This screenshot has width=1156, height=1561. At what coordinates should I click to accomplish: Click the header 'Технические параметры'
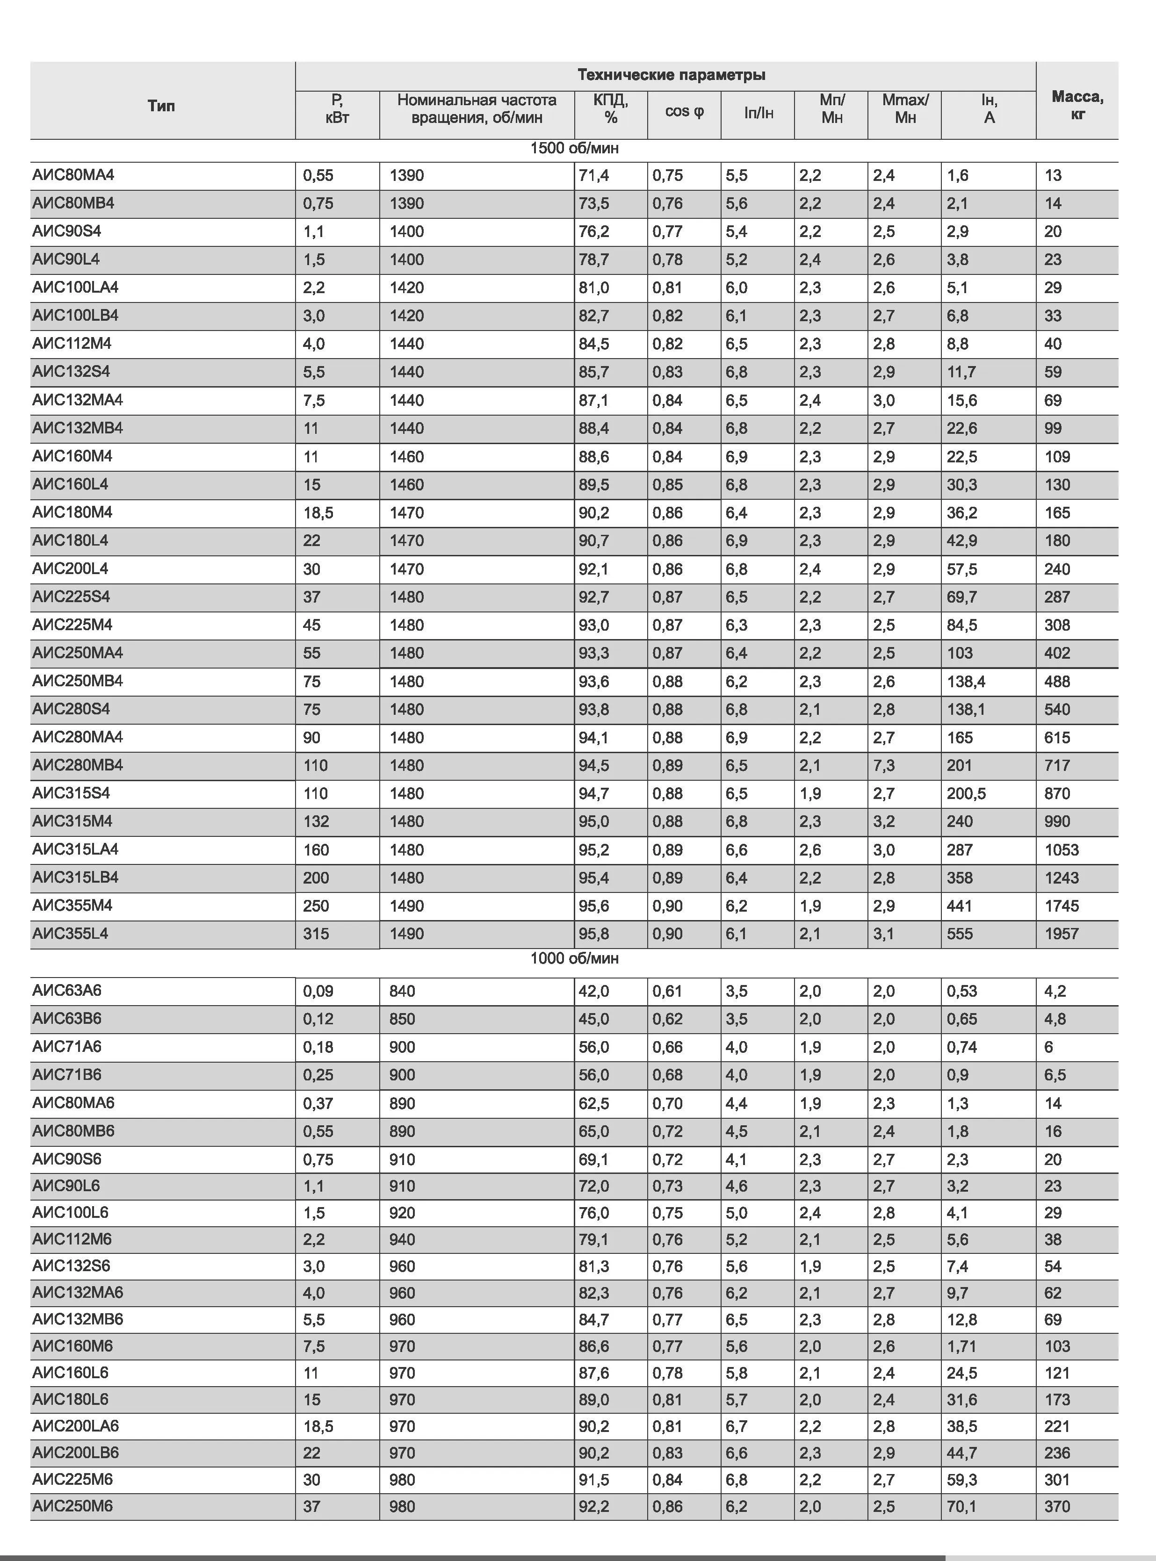click(x=671, y=75)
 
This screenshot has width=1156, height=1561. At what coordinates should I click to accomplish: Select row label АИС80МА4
click(x=73, y=175)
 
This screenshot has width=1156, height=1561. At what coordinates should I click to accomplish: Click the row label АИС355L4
click(x=70, y=934)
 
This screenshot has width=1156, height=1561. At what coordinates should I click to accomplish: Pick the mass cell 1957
click(x=1062, y=934)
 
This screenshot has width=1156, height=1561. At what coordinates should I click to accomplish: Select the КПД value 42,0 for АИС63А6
click(x=593, y=991)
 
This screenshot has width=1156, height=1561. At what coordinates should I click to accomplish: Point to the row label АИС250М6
click(x=72, y=1506)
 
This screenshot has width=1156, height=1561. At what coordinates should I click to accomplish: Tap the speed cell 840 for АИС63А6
click(x=402, y=991)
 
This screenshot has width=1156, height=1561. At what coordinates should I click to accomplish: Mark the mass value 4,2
click(x=1055, y=991)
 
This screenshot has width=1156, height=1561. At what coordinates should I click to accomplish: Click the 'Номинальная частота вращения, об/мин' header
click(x=477, y=108)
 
